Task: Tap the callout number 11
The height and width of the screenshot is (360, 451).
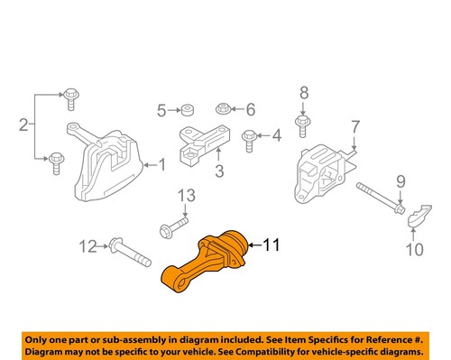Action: [272, 243]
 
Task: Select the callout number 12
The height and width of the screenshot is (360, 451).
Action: [87, 245]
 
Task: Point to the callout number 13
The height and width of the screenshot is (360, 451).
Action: [185, 195]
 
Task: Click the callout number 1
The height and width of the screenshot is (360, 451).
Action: [161, 164]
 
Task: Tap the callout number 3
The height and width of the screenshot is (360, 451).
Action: [217, 169]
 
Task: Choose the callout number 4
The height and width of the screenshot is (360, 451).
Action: [276, 137]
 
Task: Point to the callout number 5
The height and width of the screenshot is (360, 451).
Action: [162, 111]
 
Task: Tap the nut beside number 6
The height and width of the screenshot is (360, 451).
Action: [223, 110]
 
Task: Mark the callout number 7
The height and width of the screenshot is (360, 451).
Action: [354, 125]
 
